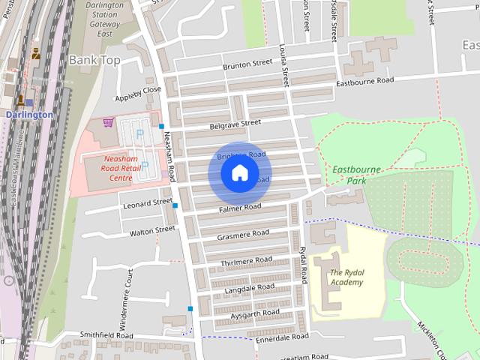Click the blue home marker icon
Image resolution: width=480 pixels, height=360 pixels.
click(239, 173)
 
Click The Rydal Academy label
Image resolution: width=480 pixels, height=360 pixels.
click(346, 277)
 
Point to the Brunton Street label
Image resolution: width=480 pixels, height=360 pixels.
click(247, 66)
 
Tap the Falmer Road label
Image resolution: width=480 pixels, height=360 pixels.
click(240, 207)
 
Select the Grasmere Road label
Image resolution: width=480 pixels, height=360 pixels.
click(242, 234)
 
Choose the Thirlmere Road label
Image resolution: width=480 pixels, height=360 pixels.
click(246, 260)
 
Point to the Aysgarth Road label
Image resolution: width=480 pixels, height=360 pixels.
click(255, 313)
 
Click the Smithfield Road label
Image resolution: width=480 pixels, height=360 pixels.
click(106, 335)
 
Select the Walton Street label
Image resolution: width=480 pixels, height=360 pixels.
click(152, 231)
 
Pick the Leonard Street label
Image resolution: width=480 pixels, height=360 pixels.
click(147, 203)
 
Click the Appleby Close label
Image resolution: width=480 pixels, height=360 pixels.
click(137, 93)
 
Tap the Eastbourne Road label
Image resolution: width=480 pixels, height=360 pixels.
click(364, 81)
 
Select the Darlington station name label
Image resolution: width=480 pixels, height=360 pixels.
click(28, 115)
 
